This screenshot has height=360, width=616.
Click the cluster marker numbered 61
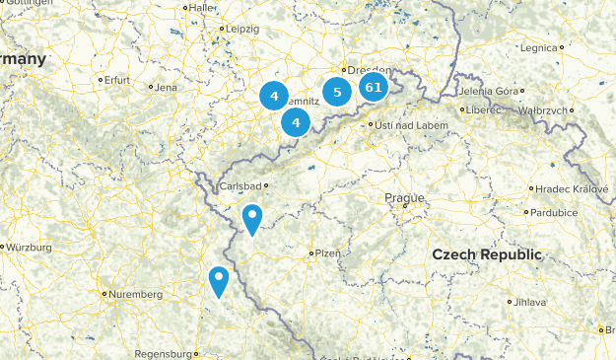[x=373, y=87]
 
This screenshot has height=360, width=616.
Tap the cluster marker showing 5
[x=337, y=93]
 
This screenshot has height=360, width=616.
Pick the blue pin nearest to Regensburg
[x=218, y=281]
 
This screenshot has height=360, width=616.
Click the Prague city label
[x=404, y=198]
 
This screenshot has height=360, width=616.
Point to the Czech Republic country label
[x=487, y=254]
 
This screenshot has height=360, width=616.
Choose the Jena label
[x=165, y=87]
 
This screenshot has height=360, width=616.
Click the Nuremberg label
[x=137, y=294]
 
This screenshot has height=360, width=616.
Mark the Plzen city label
[x=328, y=253]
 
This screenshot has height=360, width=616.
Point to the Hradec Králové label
[x=572, y=188]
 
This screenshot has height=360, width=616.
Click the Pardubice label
[x=558, y=212]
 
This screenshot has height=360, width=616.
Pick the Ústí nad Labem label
[x=407, y=125]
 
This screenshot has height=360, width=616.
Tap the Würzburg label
[x=29, y=247]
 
